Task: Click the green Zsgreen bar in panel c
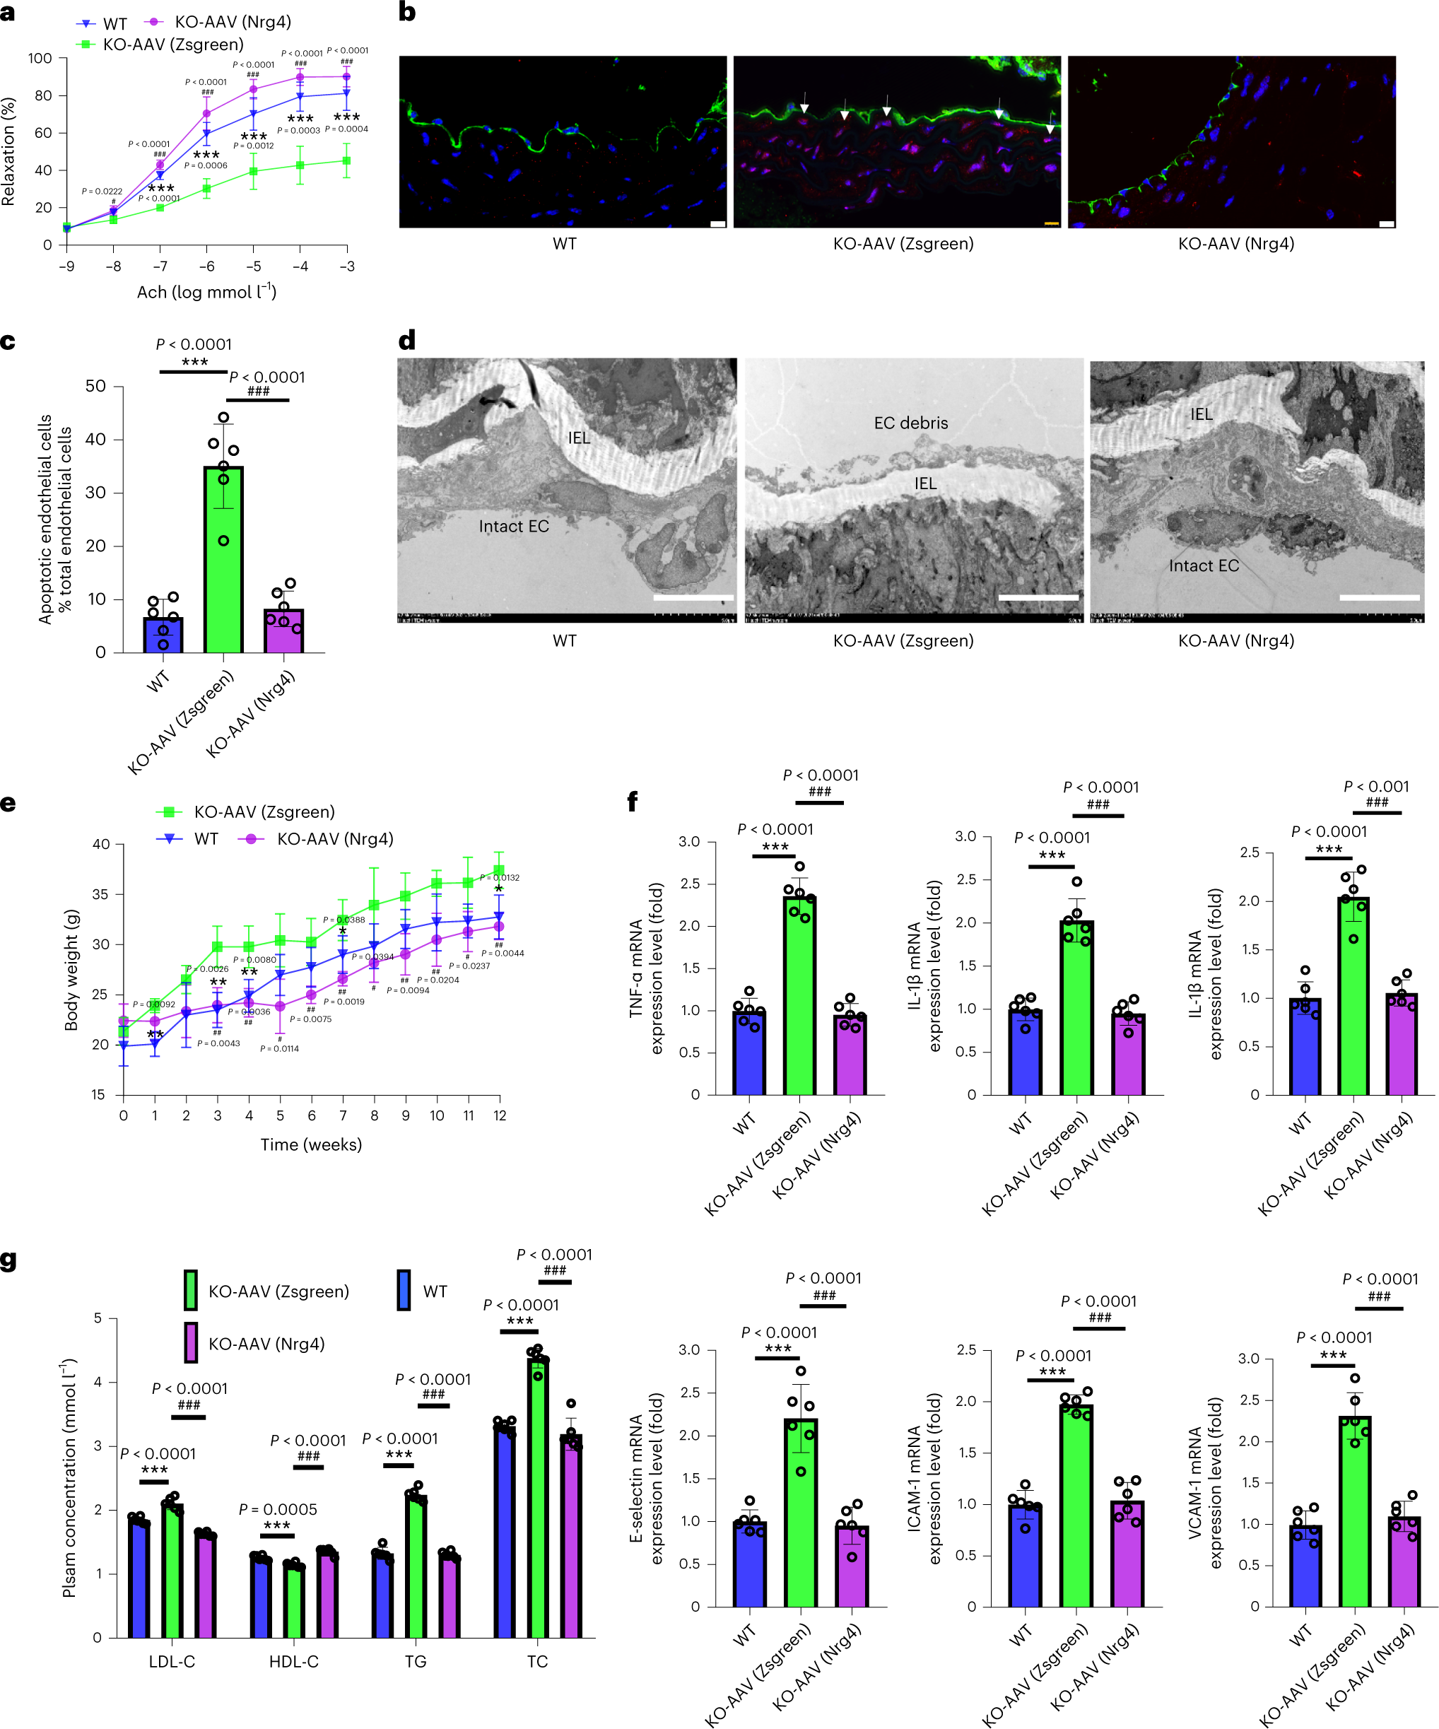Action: click(223, 559)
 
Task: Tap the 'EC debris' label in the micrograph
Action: click(910, 423)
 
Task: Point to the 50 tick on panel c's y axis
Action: click(95, 386)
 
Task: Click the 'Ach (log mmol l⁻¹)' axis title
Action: click(206, 291)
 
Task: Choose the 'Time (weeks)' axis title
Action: click(311, 1144)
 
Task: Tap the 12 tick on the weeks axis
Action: click(500, 1115)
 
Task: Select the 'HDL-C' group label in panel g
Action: click(294, 1661)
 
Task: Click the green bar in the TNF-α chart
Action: click(799, 995)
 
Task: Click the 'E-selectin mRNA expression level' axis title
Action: click(646, 1478)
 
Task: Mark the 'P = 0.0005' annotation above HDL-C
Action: click(278, 1509)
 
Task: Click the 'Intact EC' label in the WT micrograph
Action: click(514, 526)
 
